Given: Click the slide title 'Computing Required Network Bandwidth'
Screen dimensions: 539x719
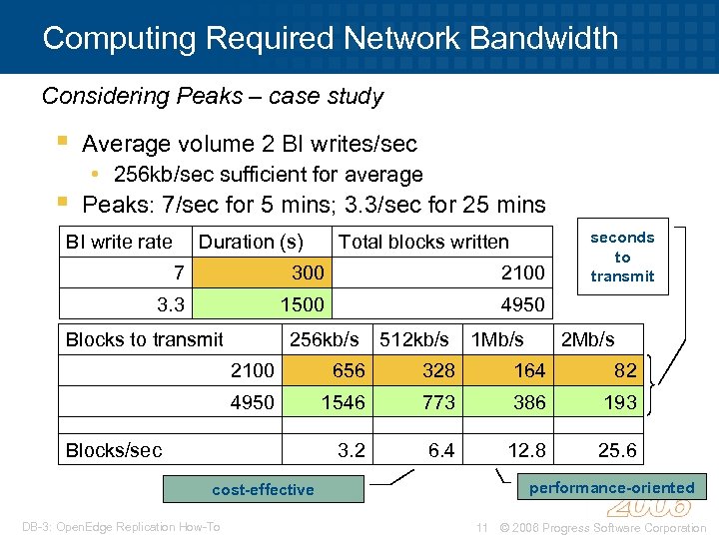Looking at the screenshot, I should [x=331, y=38].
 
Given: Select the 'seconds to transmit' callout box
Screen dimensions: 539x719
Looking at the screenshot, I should [x=622, y=257].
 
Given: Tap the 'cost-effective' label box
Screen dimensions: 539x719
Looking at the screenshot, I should [x=263, y=489].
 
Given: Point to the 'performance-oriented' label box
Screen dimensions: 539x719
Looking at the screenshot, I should [x=611, y=487].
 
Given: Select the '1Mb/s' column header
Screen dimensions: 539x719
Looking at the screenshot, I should [x=497, y=339].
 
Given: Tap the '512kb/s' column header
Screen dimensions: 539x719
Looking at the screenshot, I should [x=414, y=339].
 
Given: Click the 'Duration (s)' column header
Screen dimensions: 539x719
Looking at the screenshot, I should [x=251, y=242].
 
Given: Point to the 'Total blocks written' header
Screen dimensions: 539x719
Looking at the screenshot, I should [x=423, y=242].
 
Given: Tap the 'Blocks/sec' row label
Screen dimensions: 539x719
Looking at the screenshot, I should [x=114, y=450].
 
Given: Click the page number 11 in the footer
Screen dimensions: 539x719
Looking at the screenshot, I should [x=481, y=527].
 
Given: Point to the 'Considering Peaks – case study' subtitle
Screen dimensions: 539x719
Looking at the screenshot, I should [x=213, y=96].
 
